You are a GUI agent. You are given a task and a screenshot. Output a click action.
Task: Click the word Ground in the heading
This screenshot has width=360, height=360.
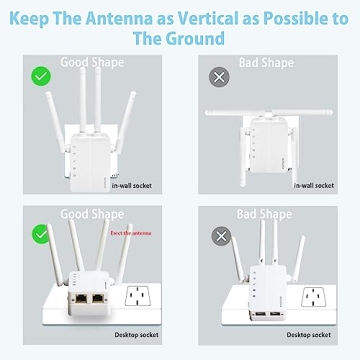coord(199,37)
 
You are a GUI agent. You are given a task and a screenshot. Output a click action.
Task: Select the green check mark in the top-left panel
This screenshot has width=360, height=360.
coord(41,75)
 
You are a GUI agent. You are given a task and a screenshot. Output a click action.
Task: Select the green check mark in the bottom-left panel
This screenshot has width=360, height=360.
coord(41,231)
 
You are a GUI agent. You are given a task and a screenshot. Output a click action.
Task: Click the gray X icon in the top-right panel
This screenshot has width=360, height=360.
coord(218,76)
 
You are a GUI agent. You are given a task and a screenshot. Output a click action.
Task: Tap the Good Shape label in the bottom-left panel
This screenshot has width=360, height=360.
coord(92,214)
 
